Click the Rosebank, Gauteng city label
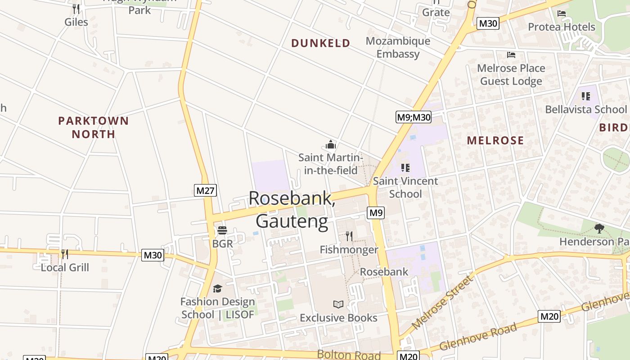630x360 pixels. click(292, 210)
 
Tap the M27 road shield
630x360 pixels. click(206, 190)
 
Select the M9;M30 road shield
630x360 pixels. click(414, 117)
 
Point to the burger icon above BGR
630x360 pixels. click(222, 231)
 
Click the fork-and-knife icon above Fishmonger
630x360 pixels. click(349, 236)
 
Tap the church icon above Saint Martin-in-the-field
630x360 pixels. click(331, 144)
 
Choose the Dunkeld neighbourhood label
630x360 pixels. click(320, 43)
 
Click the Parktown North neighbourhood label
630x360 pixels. click(94, 127)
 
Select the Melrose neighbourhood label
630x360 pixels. click(495, 140)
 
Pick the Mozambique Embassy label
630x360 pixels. click(398, 47)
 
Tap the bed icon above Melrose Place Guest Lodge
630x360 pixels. click(511, 55)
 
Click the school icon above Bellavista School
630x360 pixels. click(585, 96)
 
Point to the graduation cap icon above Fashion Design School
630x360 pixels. click(217, 288)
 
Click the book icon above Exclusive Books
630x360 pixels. click(338, 305)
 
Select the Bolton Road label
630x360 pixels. click(349, 355)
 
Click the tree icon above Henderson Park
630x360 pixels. click(599, 229)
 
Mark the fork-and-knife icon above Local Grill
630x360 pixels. click(65, 254)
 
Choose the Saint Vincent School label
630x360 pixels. click(405, 187)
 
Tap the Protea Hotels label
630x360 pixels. click(562, 27)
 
